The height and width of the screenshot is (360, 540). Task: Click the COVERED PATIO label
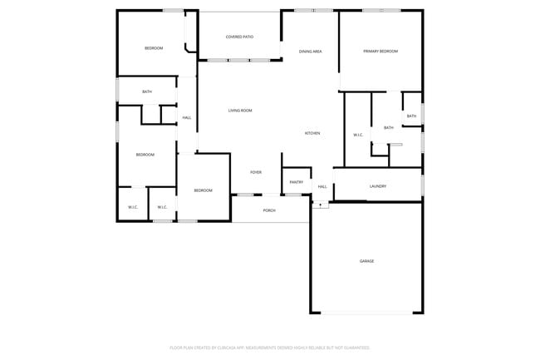(239, 37)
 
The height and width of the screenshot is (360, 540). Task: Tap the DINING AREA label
(311, 52)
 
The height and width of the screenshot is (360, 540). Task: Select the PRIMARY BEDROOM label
(380, 52)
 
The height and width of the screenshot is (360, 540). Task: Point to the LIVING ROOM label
(240, 110)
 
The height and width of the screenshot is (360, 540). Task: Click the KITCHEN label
(312, 133)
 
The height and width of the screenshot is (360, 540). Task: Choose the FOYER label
(256, 172)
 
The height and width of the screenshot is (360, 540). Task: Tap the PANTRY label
(296, 182)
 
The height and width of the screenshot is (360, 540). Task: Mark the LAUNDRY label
(378, 186)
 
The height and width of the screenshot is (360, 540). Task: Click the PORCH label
(269, 210)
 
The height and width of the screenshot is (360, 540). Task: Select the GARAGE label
(366, 261)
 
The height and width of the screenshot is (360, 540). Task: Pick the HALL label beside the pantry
(322, 187)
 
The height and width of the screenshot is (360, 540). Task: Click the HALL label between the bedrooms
(187, 118)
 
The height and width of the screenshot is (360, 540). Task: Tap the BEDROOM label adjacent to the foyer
(204, 190)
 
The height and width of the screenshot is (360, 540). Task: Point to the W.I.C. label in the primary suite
(358, 135)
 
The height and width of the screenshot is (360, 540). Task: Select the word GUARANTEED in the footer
(354, 348)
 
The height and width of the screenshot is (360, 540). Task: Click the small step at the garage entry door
(321, 205)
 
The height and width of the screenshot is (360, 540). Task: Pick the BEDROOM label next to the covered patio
(154, 48)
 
